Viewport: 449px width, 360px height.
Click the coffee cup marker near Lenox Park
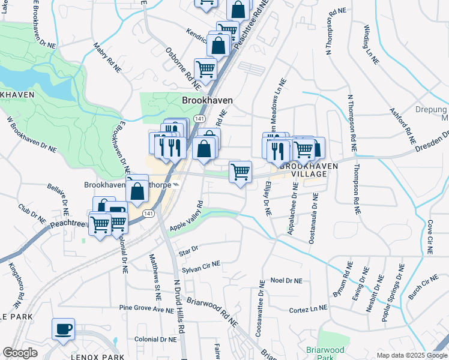pyautogui.click(x=63, y=329)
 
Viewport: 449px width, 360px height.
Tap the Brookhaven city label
pyautogui.click(x=207, y=101)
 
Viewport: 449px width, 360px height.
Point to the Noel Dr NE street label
pyautogui.click(x=286, y=280)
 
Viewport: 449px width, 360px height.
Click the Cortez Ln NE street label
pyautogui.click(x=308, y=308)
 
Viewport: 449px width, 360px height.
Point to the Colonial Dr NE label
pyautogui.click(x=156, y=339)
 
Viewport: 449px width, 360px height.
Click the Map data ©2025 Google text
pyautogui.click(x=411, y=355)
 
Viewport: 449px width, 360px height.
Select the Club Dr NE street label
pyautogui.click(x=32, y=214)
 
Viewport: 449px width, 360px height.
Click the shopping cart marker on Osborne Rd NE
pyautogui.click(x=205, y=70)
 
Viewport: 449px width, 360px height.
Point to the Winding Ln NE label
pyautogui.click(x=372, y=43)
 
